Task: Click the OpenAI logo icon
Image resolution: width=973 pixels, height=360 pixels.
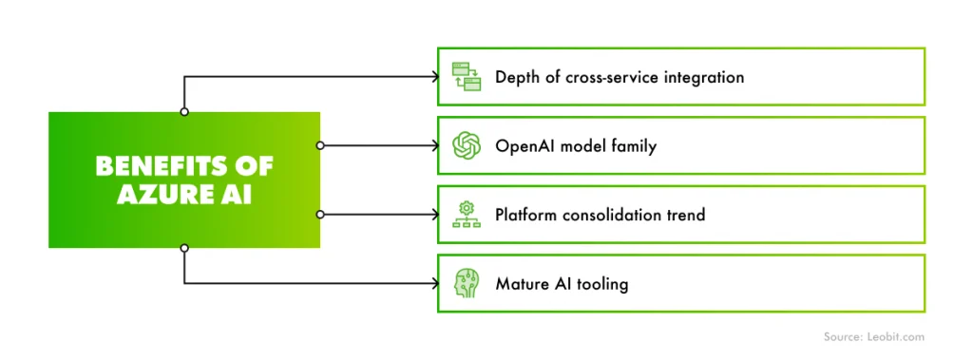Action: click(x=466, y=145)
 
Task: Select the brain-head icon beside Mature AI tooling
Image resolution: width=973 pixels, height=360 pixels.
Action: click(x=466, y=283)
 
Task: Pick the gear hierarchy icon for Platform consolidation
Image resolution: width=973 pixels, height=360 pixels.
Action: click(x=466, y=215)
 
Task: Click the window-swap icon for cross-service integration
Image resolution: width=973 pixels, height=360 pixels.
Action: click(x=466, y=76)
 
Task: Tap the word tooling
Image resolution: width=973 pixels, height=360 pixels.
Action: click(x=601, y=283)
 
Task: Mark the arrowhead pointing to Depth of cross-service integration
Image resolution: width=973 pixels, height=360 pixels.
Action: click(x=431, y=77)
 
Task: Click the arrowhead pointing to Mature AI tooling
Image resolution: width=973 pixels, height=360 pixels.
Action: click(x=431, y=283)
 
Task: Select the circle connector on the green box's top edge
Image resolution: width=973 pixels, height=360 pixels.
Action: click(x=184, y=112)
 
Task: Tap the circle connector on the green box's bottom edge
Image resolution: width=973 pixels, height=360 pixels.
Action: click(x=184, y=248)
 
